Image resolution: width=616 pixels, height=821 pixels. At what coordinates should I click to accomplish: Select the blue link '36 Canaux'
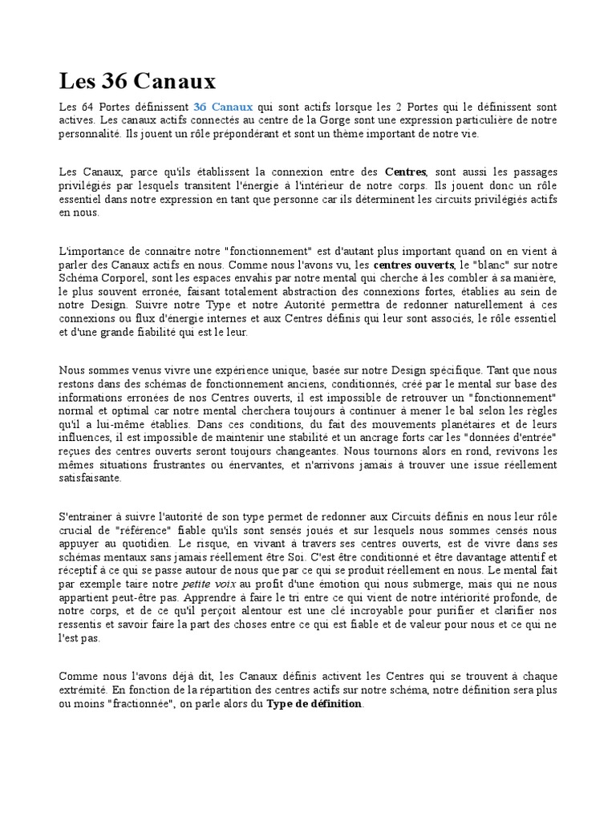(223, 106)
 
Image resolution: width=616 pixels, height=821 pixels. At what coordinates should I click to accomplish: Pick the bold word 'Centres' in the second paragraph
(406, 172)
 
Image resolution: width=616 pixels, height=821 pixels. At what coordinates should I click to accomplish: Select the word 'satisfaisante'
(91, 478)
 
